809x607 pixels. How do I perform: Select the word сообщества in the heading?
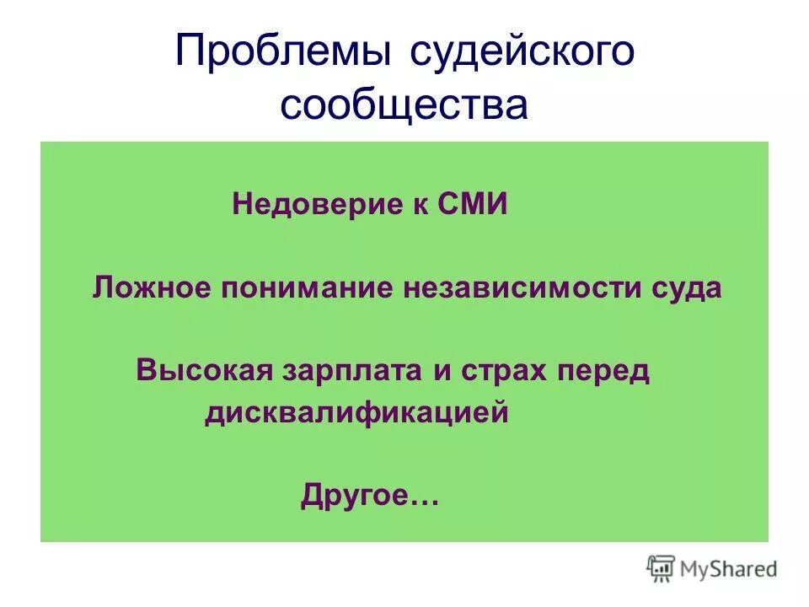point(404,106)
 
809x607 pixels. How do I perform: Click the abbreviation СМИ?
point(473,205)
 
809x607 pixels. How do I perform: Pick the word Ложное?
point(151,288)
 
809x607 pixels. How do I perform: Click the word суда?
point(688,288)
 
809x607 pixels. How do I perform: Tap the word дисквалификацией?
point(356,414)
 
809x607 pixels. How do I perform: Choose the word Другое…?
point(370,497)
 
